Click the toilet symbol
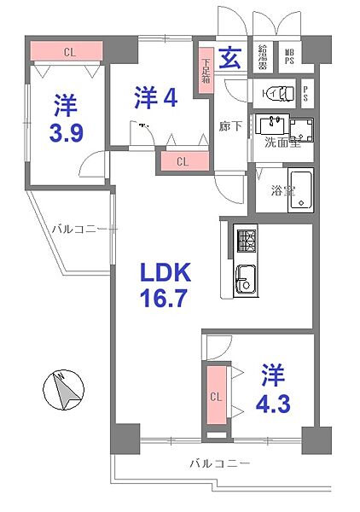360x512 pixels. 275,94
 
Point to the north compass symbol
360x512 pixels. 62,392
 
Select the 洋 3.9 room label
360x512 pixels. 66,120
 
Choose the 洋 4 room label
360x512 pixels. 155,98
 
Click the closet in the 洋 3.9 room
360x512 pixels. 68,51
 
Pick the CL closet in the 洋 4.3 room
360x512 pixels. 216,395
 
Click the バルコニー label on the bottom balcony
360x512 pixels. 219,463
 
